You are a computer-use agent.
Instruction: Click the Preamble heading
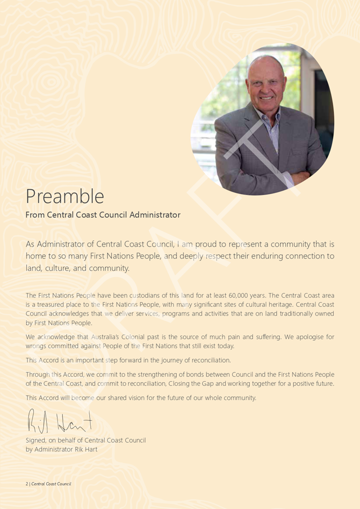click(x=64, y=196)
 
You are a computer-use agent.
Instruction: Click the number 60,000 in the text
click(x=243, y=296)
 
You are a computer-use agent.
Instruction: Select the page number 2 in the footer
click(x=27, y=484)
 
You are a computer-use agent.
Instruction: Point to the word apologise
click(x=302, y=338)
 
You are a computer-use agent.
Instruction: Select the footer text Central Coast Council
click(x=51, y=484)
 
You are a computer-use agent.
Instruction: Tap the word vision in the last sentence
click(x=145, y=398)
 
